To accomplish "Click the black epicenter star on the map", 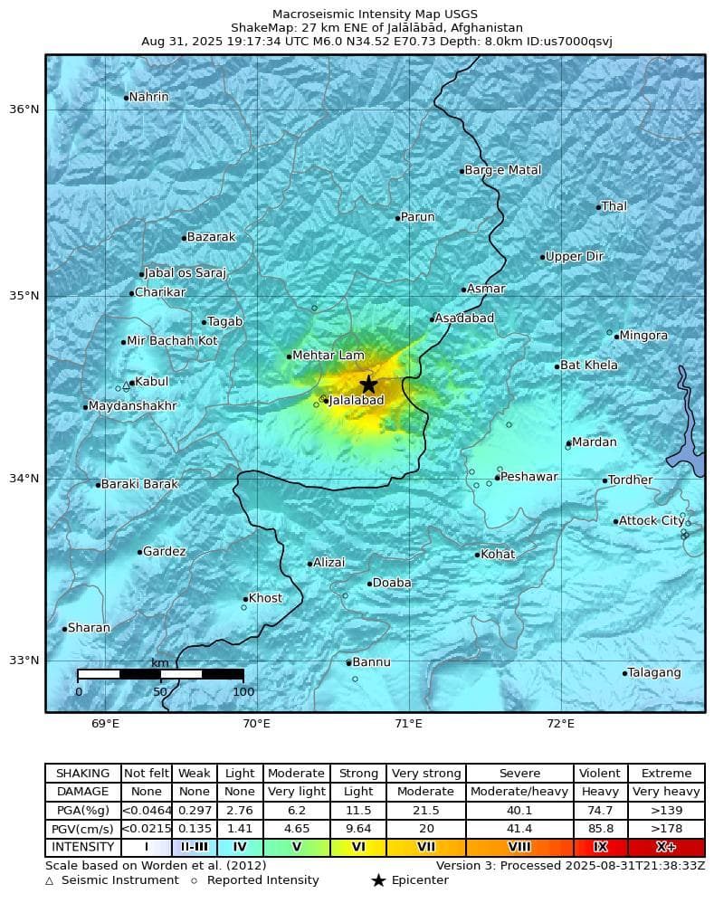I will (x=368, y=384).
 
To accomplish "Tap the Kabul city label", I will (x=151, y=382).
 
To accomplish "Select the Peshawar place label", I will (x=529, y=477).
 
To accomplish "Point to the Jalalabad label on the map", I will (x=357, y=400).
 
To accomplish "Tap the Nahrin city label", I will (x=148, y=97).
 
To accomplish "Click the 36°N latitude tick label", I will (x=24, y=109).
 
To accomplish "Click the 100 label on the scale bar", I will (x=243, y=692).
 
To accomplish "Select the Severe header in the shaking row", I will (x=519, y=774).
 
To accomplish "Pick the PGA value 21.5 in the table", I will (x=425, y=811).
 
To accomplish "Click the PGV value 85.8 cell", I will (x=600, y=829).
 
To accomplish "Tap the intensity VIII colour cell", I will (x=519, y=848).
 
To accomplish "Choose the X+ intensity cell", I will (x=665, y=848).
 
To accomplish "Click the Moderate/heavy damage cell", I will (x=519, y=792).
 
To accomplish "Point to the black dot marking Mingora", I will (x=616, y=337).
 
